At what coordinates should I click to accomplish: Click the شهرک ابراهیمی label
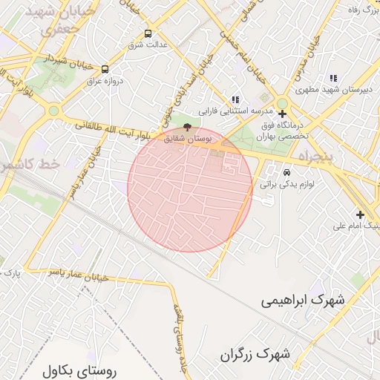pyautogui.click(x=304, y=301)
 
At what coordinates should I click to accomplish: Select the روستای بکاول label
pyautogui.click(x=81, y=370)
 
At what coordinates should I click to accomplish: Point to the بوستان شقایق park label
pyautogui.click(x=188, y=139)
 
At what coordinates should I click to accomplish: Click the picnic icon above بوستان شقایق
pyautogui.click(x=187, y=128)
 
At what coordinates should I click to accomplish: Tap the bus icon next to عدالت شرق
pyautogui.click(x=148, y=33)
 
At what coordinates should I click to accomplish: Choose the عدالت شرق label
pyautogui.click(x=145, y=45)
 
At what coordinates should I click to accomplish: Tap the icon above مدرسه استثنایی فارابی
pyautogui.click(x=236, y=99)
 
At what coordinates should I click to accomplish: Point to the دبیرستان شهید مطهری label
pyautogui.click(x=333, y=89)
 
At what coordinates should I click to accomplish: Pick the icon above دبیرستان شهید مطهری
pyautogui.click(x=333, y=78)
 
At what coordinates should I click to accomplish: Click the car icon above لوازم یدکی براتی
pyautogui.click(x=286, y=173)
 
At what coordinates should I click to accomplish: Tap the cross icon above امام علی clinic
pyautogui.click(x=360, y=214)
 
